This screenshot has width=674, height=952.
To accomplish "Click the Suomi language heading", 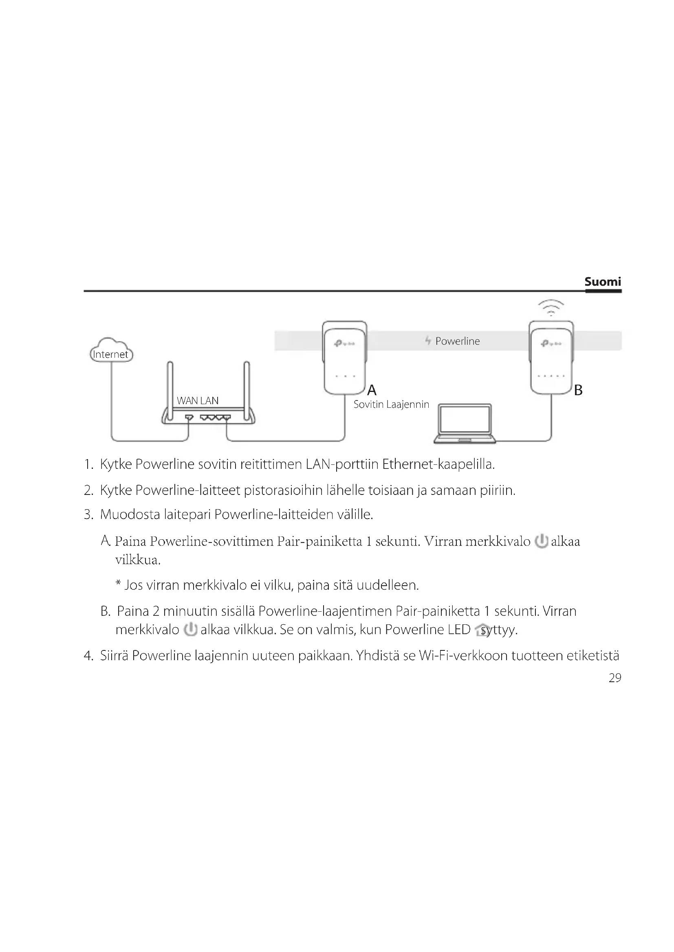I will (603, 282).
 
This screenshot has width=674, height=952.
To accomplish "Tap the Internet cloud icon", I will (111, 350).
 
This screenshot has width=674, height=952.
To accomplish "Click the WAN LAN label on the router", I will (198, 400).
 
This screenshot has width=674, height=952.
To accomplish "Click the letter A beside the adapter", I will (372, 390).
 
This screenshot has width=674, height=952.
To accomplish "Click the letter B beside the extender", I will (578, 390).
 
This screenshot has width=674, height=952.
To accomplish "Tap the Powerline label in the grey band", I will (457, 341).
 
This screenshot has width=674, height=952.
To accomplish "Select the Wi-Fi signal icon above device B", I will (551, 307).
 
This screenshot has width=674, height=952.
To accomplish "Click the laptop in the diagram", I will (465, 424).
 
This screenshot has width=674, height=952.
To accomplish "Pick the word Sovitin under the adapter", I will (368, 405).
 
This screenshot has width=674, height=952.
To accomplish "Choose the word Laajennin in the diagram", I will (407, 405).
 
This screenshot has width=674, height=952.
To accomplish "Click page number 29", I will (615, 678).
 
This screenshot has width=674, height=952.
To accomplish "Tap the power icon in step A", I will (541, 541).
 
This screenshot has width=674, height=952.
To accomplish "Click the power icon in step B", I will (190, 629).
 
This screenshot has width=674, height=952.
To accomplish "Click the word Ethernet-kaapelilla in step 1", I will (438, 464).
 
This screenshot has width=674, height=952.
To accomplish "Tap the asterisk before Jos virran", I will (118, 584).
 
